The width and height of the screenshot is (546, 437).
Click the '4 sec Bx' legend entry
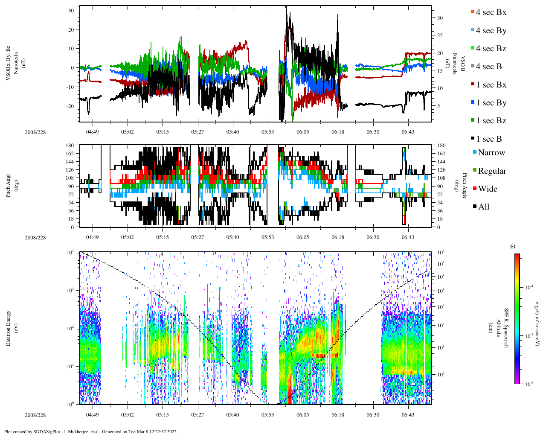click(491, 12)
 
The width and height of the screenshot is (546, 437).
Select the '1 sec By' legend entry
click(491, 103)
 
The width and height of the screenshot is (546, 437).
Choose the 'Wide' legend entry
click(488, 189)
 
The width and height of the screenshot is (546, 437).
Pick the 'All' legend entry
click(484, 207)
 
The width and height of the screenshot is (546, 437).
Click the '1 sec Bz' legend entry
click(491, 121)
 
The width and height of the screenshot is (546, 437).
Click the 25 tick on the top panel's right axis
click(439, 35)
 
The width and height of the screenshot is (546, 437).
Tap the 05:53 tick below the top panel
click(267, 132)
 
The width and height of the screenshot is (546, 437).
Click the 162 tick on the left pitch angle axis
click(70, 154)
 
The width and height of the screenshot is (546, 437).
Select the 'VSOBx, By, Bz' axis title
click(9, 66)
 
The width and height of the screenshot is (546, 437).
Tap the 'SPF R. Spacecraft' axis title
click(507, 328)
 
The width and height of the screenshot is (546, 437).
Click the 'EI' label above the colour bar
click(513, 247)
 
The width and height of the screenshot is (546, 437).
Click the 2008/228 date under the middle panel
click(35, 238)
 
